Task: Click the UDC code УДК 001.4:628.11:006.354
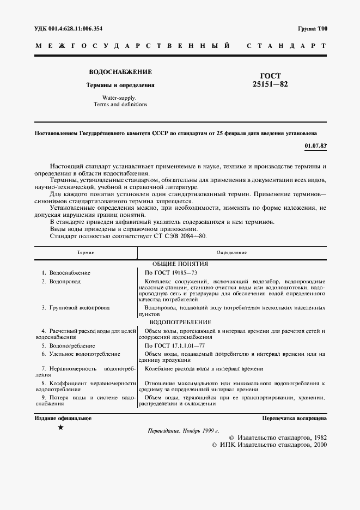pyautogui.click(x=68, y=28)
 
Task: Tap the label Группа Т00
pyautogui.click(x=312, y=28)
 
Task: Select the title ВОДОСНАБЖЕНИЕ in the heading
pyautogui.click(x=120, y=72)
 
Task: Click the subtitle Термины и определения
pyautogui.click(x=120, y=85)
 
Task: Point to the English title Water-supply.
pyautogui.click(x=120, y=98)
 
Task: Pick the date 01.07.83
pyautogui.click(x=315, y=145)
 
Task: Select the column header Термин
pyautogui.click(x=86, y=252)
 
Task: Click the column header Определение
pyautogui.click(x=231, y=252)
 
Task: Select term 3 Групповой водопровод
pyautogui.click(x=79, y=308)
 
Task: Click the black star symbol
pyautogui.click(x=60, y=428)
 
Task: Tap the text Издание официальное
pyautogui.click(x=63, y=418)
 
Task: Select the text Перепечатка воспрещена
pyautogui.click(x=294, y=418)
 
